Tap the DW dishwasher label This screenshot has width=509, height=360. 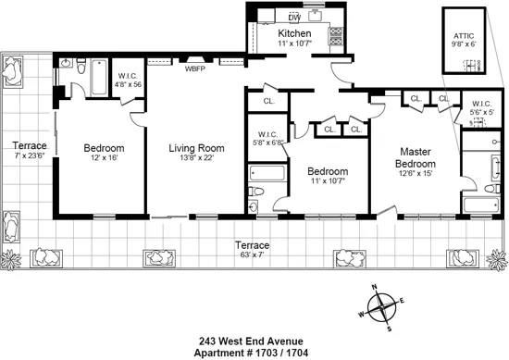[294, 17]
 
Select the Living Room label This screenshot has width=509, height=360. [196, 148]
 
